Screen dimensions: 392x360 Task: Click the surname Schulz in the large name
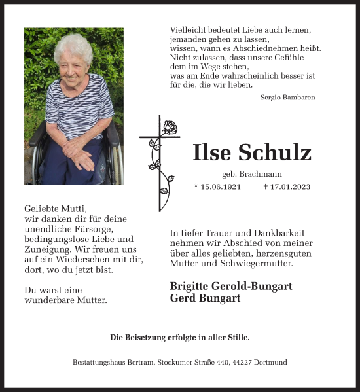pyautogui.click(x=277, y=152)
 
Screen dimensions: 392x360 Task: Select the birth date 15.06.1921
pyautogui.click(x=221, y=187)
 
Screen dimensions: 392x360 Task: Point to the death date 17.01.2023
pyautogui.click(x=290, y=187)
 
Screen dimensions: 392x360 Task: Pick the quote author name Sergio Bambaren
pyautogui.click(x=287, y=97)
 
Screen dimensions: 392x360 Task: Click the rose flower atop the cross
pyautogui.click(x=170, y=127)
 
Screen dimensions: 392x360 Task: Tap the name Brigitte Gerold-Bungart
pyautogui.click(x=230, y=286)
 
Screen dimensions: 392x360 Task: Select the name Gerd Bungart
pyautogui.click(x=204, y=298)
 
